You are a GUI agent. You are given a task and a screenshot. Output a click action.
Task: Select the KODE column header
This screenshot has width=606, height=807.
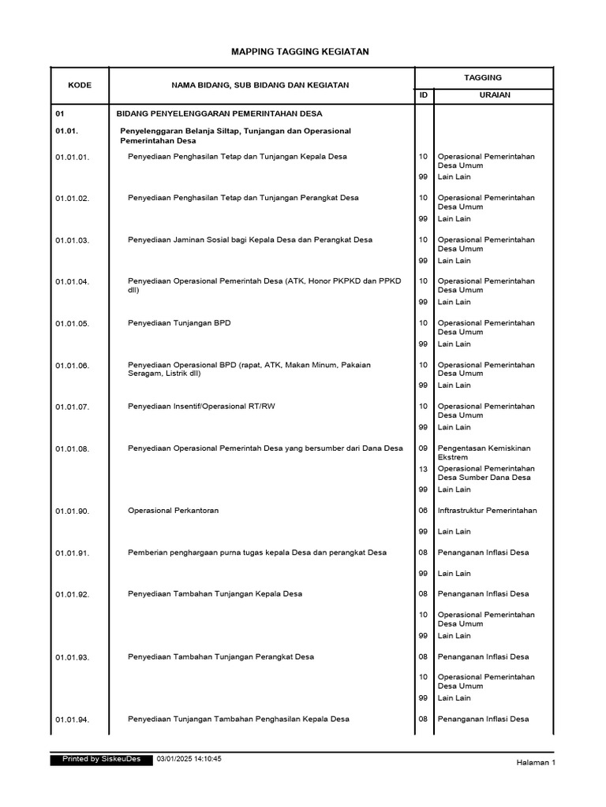[x=80, y=85]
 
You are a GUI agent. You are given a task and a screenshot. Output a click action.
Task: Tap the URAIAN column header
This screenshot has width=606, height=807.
[x=495, y=95]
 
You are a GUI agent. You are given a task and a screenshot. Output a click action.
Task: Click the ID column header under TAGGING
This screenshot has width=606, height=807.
[x=424, y=95]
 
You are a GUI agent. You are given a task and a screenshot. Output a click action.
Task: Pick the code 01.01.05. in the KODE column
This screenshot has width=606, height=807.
[x=73, y=324]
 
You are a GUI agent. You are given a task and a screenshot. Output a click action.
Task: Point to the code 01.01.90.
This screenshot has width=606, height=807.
[x=73, y=511]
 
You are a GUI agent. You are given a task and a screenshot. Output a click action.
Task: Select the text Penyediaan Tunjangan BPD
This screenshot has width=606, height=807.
[x=179, y=323]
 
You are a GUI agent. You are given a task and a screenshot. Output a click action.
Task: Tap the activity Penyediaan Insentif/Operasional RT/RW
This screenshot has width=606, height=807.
[x=208, y=407]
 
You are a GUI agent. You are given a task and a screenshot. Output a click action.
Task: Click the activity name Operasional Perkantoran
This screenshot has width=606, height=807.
[x=174, y=511]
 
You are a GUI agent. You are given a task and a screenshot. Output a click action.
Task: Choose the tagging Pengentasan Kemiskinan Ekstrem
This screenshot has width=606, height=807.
[x=484, y=452]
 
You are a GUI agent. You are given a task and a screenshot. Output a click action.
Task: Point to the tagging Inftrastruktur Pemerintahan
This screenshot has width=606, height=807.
[x=487, y=511]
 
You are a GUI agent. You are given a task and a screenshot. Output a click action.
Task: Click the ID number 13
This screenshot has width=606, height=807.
[x=424, y=469]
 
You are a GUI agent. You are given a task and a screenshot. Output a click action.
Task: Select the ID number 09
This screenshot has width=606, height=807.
[x=424, y=448]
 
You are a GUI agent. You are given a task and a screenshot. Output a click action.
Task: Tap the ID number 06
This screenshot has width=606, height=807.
[x=424, y=511]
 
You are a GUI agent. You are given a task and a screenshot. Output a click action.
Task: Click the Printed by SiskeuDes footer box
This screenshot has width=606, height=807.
[x=95, y=759]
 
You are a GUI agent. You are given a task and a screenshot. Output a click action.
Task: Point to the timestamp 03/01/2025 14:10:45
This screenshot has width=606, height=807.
[x=194, y=759]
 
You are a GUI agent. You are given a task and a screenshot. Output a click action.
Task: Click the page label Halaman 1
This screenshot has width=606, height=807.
[x=536, y=763]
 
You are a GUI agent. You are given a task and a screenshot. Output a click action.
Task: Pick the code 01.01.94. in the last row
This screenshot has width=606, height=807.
[x=73, y=720]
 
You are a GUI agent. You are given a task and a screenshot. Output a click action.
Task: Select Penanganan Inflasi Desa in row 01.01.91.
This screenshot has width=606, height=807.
[x=483, y=552]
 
